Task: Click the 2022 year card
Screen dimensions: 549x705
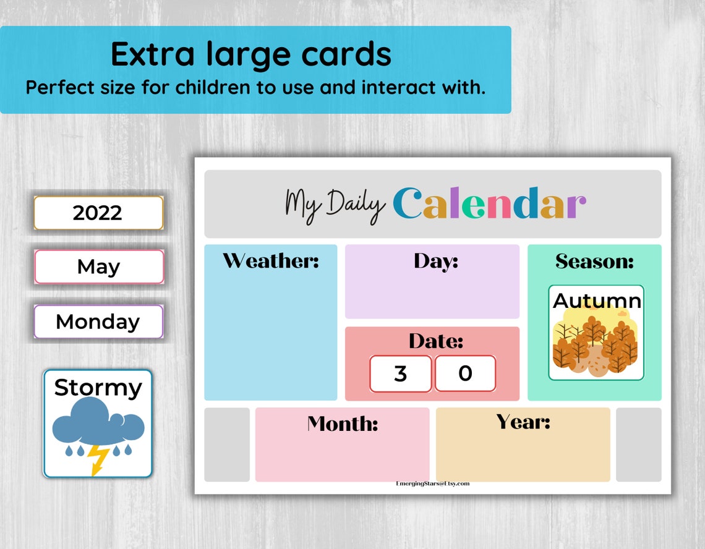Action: (98, 213)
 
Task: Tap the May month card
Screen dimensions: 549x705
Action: (99, 267)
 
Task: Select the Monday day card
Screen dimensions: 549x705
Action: (98, 321)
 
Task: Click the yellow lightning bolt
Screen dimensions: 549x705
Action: (98, 460)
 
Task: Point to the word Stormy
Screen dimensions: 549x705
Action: (98, 388)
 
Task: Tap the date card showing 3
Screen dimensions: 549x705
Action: (400, 373)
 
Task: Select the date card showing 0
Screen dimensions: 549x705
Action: (465, 373)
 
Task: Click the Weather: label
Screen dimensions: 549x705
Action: (271, 261)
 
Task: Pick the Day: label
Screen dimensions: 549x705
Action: (436, 261)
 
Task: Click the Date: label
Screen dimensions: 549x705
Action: (435, 341)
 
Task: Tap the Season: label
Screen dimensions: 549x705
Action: (594, 261)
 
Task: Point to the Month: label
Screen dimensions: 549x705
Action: (343, 423)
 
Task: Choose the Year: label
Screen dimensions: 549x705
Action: (523, 422)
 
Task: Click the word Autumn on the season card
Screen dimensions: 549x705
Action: (597, 300)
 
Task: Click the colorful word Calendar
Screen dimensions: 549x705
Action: (489, 203)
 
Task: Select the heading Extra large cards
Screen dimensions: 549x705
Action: (251, 54)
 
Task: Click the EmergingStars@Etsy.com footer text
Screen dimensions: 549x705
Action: (432, 483)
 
